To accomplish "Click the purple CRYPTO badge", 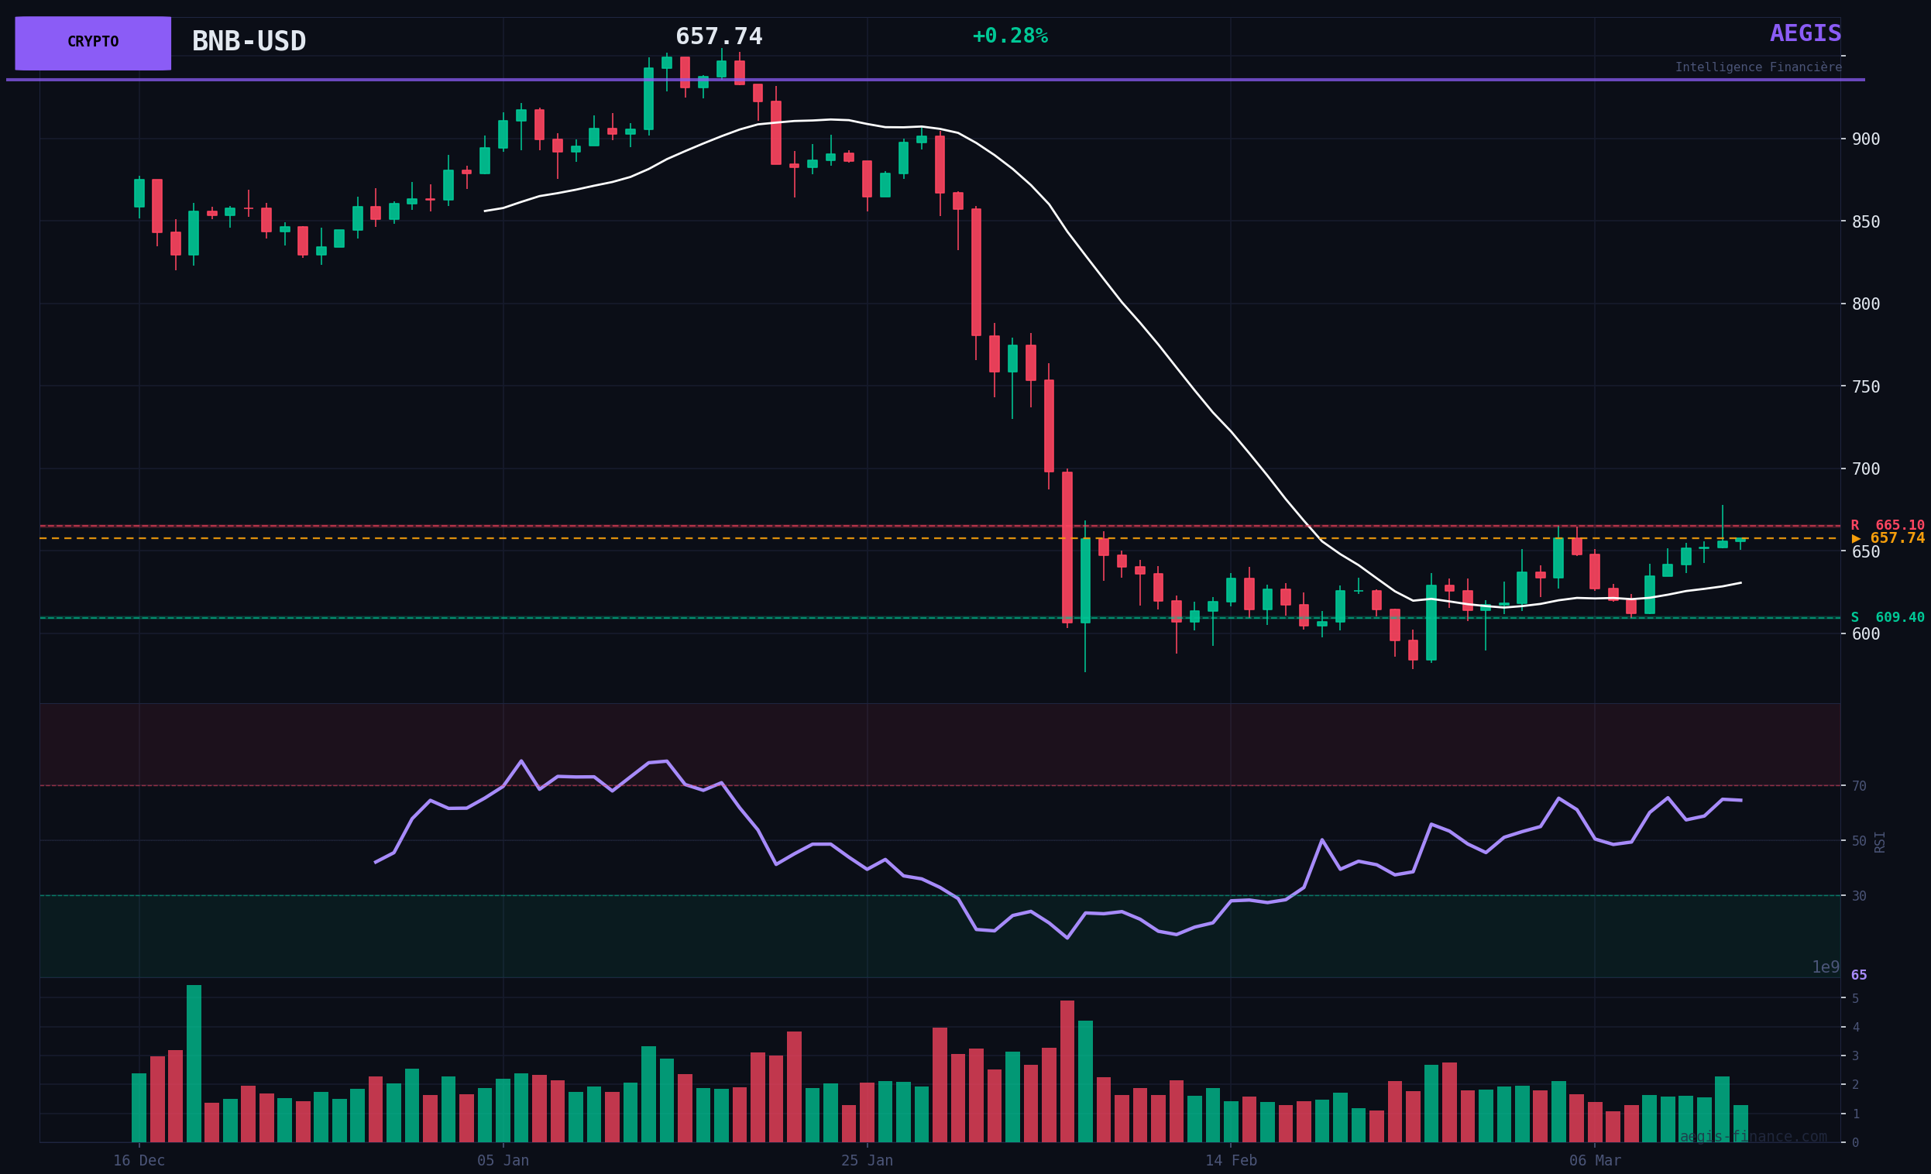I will tap(92, 43).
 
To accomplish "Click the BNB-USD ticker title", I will tap(249, 42).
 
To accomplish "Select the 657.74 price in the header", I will tap(719, 37).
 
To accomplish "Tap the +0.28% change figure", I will tap(1009, 36).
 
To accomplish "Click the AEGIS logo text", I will tap(1805, 34).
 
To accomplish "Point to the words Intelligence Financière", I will tap(1757, 67).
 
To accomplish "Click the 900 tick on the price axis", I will tap(1865, 139).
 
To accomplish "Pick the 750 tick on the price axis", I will tap(1865, 387).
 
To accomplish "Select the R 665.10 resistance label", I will tap(1887, 525).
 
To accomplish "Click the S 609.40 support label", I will tap(1887, 617).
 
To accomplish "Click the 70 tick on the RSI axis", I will tap(1858, 786).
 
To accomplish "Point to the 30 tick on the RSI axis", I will tap(1858, 896).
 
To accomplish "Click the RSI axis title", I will tap(1879, 842).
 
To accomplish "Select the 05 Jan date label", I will tap(503, 1161).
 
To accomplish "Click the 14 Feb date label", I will tap(1230, 1161).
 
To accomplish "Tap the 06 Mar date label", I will tap(1595, 1161).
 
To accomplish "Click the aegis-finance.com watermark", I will tap(1752, 1136).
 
